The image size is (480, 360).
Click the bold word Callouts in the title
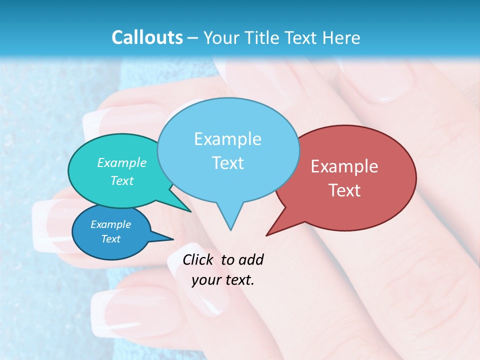147,37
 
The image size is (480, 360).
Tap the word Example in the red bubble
344,166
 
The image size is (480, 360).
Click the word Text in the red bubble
344,190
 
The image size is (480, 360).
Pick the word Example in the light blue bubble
227,139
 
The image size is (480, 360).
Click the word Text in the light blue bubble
227,163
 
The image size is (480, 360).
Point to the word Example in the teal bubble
121,163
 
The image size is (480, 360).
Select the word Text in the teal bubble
121,180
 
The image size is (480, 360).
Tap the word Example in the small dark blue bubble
110,224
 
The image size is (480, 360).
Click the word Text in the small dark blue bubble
110,239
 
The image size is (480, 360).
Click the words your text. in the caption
223,280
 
